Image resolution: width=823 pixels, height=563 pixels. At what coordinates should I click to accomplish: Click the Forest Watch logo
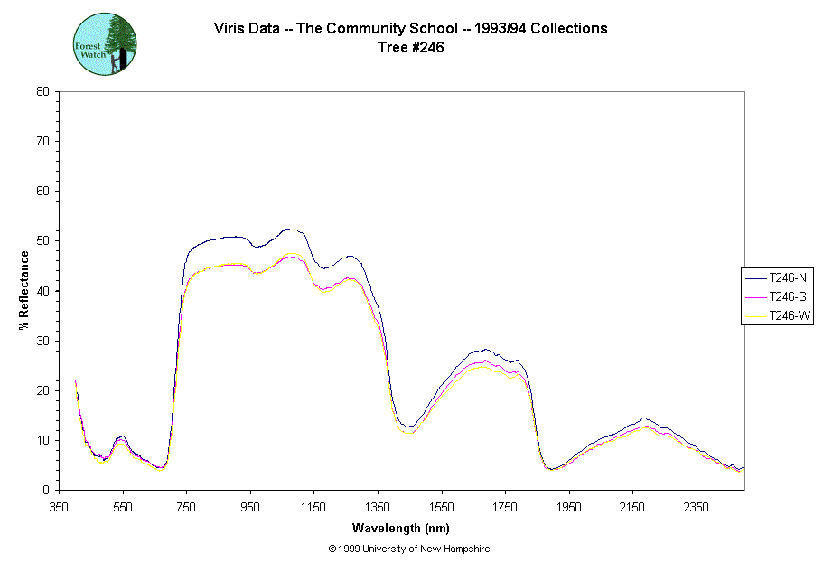[105, 44]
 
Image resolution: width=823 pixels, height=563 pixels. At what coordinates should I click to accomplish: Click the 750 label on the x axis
[187, 507]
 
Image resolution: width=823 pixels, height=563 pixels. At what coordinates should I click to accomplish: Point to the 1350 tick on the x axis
[379, 507]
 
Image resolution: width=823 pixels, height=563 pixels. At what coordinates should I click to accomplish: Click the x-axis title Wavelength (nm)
[401, 529]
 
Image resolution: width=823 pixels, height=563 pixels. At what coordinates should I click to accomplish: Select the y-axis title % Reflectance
[24, 290]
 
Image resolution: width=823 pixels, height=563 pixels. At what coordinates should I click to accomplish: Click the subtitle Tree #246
[410, 48]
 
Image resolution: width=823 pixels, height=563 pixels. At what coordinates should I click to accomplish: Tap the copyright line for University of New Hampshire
[410, 549]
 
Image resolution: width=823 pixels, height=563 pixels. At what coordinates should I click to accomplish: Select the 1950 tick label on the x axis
[569, 507]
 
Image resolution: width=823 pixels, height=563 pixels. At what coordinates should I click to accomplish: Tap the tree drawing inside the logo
[121, 42]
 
